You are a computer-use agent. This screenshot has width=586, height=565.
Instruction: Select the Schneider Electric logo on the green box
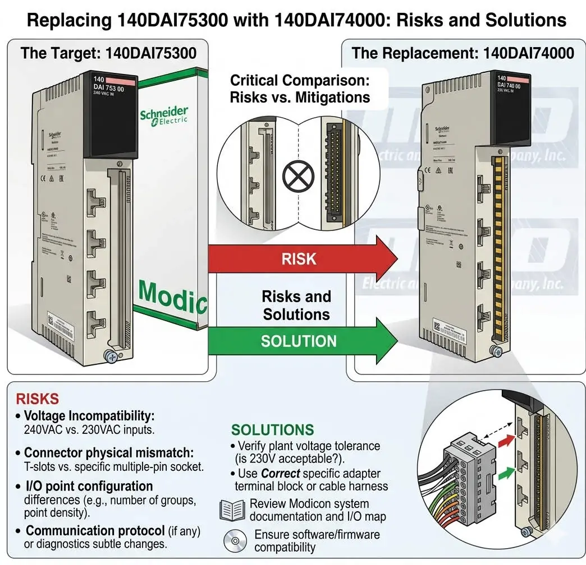tap(164, 115)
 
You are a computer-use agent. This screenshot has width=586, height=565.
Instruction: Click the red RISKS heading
tap(37, 399)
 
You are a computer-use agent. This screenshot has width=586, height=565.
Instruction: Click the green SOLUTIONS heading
tap(272, 430)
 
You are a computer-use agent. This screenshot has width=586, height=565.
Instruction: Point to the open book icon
tap(232, 510)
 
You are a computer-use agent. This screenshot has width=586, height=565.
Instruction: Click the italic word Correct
tap(280, 474)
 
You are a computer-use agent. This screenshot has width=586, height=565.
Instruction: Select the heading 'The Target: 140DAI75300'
tap(108, 53)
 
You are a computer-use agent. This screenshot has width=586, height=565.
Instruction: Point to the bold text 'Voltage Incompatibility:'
tap(89, 416)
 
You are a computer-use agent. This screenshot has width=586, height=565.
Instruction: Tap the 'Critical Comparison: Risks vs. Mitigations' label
tap(300, 89)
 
